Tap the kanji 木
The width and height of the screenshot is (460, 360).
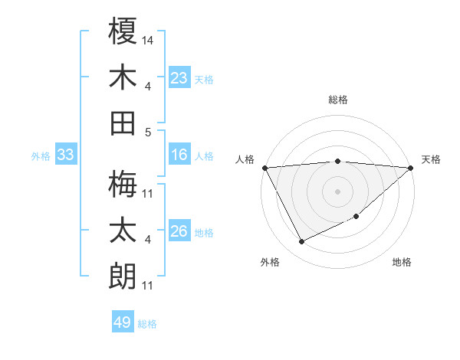tap(123, 77)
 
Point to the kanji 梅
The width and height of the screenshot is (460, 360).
tap(123, 184)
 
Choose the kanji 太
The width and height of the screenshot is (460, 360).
tap(123, 230)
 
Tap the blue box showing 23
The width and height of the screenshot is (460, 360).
tap(179, 78)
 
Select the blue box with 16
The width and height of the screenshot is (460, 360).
tap(179, 155)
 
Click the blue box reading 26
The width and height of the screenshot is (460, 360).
tap(179, 232)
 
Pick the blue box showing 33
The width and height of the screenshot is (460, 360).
tap(66, 155)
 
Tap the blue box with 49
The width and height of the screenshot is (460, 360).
tap(123, 322)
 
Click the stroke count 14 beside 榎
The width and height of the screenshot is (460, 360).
tap(148, 39)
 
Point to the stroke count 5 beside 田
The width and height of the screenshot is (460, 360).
tap(148, 132)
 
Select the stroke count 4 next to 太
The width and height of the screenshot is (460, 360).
tap(148, 240)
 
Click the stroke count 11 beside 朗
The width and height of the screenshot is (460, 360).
tap(148, 286)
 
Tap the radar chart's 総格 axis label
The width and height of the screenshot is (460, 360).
tap(338, 100)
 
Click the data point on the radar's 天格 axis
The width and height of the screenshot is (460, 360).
tap(411, 167)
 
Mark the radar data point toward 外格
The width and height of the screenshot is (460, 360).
tap(301, 241)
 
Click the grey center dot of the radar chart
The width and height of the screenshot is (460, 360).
tap(337, 191)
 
